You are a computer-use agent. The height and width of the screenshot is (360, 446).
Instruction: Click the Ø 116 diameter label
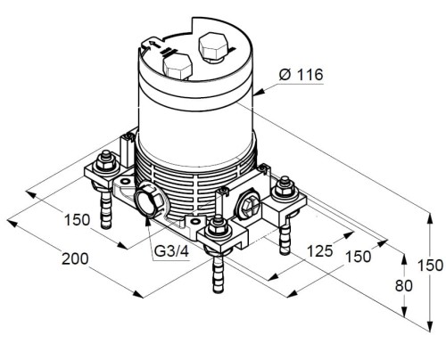(301, 75)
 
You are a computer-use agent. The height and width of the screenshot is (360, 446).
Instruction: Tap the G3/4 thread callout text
(171, 251)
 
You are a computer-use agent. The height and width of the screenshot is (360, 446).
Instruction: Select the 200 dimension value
(75, 258)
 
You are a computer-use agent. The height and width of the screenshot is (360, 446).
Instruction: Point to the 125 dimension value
(319, 251)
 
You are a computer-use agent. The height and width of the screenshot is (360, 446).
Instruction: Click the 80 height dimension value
(404, 286)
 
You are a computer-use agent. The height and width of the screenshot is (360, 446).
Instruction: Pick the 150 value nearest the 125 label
(359, 257)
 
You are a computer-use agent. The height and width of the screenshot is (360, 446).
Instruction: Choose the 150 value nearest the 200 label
(77, 220)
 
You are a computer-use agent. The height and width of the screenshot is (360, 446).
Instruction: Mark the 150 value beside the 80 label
(431, 266)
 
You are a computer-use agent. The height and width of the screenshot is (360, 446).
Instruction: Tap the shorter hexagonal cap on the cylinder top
(177, 67)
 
